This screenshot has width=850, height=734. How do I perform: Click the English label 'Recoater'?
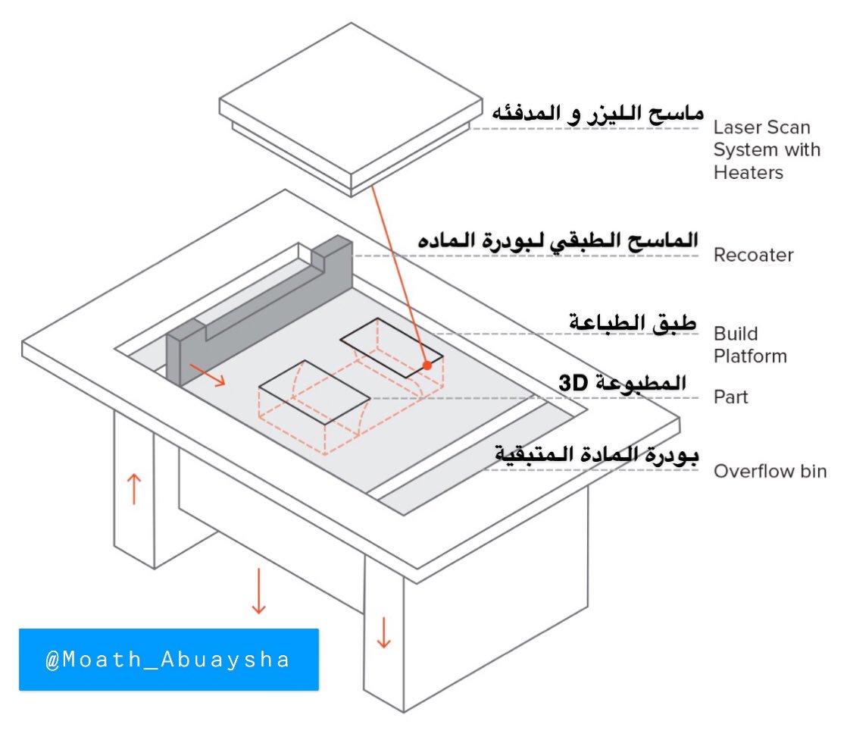753,255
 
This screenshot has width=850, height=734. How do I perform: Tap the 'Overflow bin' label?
770,472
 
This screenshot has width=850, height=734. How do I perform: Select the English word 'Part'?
731,397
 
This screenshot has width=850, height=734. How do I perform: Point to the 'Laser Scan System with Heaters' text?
766,150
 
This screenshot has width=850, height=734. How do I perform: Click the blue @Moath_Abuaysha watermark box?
168,659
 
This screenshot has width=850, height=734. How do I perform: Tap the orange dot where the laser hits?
427,365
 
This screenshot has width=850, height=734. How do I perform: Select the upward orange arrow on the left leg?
133,488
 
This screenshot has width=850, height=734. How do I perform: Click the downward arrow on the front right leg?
383,632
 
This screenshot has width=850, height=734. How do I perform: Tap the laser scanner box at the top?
350,106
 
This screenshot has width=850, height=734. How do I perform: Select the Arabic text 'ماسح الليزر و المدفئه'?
598,114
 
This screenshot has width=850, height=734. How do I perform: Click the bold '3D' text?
573,384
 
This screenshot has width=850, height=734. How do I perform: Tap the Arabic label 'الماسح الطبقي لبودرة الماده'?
558,241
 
